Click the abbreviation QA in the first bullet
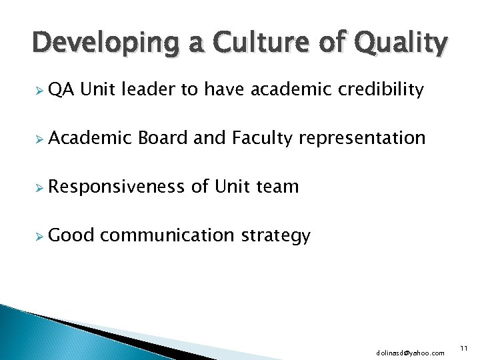(x=61, y=89)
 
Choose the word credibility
(x=380, y=89)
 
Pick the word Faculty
(x=263, y=138)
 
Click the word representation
(x=362, y=139)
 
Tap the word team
(x=277, y=187)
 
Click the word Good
(x=72, y=235)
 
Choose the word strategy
(x=275, y=236)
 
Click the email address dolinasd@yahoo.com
(x=410, y=352)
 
